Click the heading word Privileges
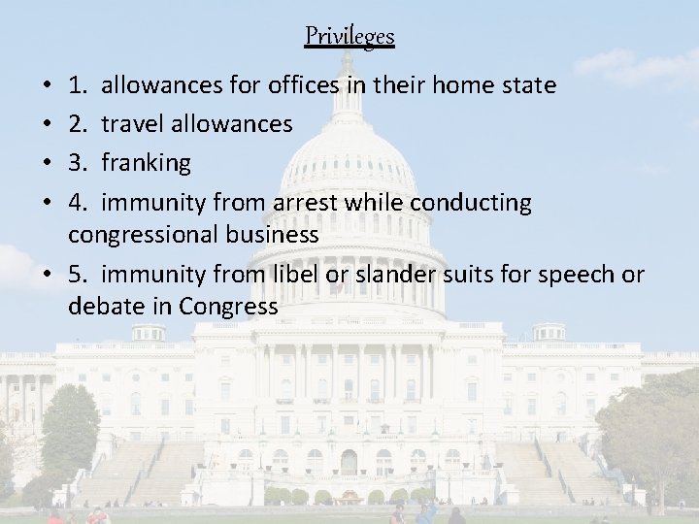[349, 37]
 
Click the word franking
[146, 163]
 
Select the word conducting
[471, 203]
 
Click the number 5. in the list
[79, 276]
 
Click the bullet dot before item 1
[49, 86]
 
